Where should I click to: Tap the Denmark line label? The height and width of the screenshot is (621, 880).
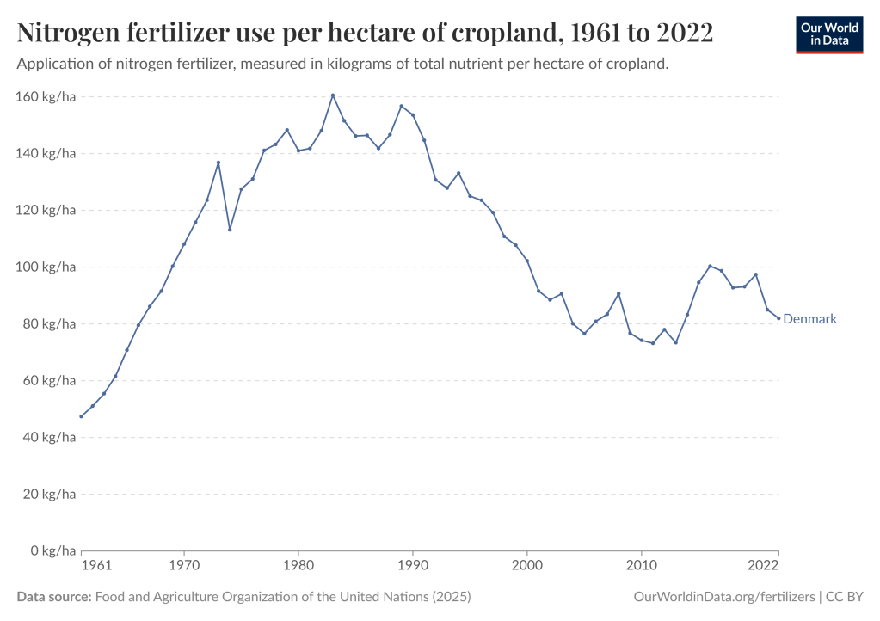coord(809,319)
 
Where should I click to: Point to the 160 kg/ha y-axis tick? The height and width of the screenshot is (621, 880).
coord(47,97)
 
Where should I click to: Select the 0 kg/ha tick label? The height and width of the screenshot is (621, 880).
coord(52,550)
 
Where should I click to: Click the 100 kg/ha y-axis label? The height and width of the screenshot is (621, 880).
coord(47,267)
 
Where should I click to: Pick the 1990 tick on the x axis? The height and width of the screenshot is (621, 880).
coord(413,566)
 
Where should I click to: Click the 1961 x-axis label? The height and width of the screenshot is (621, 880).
coord(97,566)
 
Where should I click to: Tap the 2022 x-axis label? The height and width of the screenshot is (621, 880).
coord(762,566)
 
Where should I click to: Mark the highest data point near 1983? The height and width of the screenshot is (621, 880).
coord(333,95)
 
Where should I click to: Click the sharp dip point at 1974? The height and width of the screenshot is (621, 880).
coord(230,230)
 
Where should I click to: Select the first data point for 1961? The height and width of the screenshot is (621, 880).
coord(81,416)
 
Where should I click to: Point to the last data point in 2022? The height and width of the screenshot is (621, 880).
coord(778,318)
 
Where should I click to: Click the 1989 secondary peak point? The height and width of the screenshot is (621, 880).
coord(401,106)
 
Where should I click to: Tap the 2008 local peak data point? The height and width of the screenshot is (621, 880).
coord(618,294)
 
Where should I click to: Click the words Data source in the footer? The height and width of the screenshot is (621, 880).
coord(53,596)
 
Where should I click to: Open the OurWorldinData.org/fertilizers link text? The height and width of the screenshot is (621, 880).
coord(723,596)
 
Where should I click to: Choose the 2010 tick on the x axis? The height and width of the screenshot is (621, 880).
coord(641,566)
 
